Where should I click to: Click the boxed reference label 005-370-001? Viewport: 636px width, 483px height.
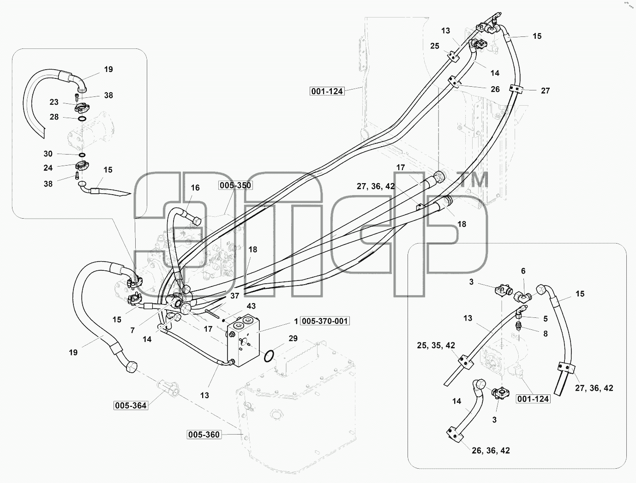coord(324,321)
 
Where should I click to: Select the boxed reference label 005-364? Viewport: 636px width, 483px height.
coord(131,405)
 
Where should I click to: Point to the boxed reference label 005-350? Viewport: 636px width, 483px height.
coord(235,185)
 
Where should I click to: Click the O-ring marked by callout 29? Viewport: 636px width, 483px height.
coord(269,356)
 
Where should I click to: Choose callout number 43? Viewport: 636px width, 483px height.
coord(251,306)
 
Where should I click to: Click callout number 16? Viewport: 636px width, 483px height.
coord(195,188)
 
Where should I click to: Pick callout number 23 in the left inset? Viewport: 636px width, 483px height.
coord(54,102)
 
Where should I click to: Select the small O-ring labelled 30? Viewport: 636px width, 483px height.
coord(82,155)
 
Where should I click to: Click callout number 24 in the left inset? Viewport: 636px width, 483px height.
coord(48,167)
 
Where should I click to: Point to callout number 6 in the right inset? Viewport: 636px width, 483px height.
coord(523,271)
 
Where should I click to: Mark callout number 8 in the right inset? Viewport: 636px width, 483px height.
coord(546,334)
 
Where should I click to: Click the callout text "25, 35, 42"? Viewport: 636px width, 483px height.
coord(436,345)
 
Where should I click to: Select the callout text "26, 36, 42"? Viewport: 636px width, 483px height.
coord(491,450)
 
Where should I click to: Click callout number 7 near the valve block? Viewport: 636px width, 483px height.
coord(132,330)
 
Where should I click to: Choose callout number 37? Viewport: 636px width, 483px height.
coord(235,296)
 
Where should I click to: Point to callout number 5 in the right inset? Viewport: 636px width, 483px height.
coord(546,319)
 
